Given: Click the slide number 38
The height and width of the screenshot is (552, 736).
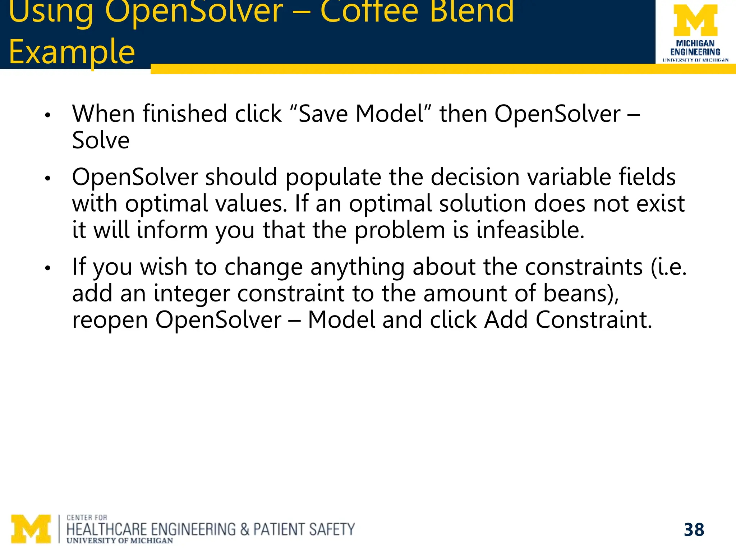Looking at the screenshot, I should pos(694,530).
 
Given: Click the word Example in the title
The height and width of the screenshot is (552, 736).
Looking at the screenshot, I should pos(72,52).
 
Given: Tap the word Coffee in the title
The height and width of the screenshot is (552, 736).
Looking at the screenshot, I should pos(369,11).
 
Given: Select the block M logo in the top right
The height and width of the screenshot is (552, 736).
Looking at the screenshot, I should pos(695,20).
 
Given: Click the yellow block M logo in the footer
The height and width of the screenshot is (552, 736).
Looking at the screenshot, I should pos(31,529).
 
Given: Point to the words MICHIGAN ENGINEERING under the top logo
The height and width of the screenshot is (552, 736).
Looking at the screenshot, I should pos(695,48).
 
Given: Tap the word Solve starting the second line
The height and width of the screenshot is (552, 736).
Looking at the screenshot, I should pos(101,140).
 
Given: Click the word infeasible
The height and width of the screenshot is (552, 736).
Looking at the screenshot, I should pos(530,230).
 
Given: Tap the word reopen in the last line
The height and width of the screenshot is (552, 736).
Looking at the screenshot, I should pos(110,320).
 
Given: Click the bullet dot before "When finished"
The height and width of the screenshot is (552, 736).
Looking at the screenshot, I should pos(47,116).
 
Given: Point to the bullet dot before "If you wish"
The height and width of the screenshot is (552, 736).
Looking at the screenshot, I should pos(47,268).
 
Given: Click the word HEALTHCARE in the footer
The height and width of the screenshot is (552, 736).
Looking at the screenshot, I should pos(107,530).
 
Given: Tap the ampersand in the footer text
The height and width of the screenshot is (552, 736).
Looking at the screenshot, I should pos(244,530).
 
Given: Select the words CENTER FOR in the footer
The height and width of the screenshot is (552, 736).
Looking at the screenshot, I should pos(87,517).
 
